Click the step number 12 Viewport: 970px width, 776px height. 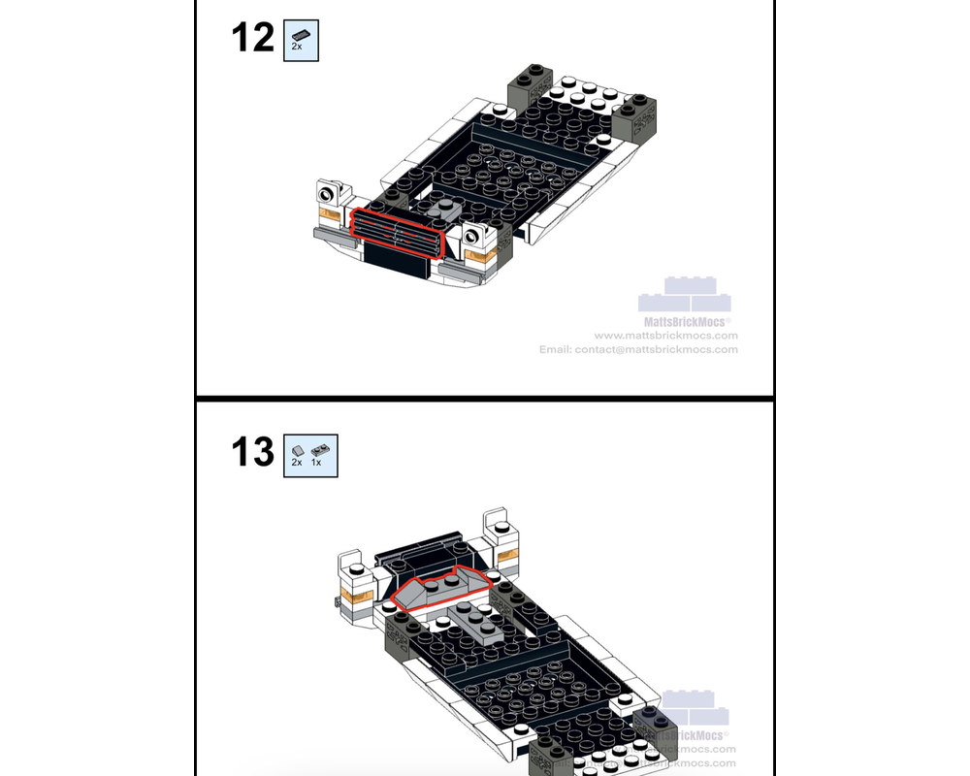(x=252, y=39)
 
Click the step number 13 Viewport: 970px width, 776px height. (x=252, y=452)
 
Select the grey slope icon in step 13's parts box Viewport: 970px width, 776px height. (x=298, y=449)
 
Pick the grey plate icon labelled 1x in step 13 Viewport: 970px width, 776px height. (x=319, y=449)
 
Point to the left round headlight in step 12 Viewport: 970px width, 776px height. (x=328, y=194)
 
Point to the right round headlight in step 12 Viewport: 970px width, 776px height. (x=475, y=234)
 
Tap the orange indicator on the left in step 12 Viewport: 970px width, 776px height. (x=328, y=218)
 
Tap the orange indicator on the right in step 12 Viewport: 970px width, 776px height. (x=479, y=257)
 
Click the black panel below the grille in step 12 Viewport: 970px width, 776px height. (x=398, y=255)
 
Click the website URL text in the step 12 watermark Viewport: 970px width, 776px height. (x=665, y=336)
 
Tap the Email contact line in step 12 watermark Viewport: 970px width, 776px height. (x=638, y=349)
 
